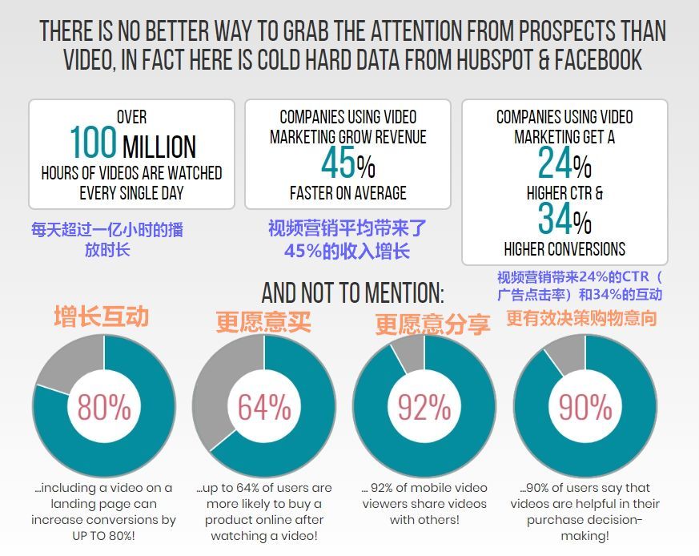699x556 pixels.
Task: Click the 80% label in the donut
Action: [104, 408]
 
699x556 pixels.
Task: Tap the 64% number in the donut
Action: [264, 408]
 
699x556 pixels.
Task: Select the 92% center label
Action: [424, 408]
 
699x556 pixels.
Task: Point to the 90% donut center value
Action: [585, 408]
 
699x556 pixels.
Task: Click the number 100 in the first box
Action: [93, 143]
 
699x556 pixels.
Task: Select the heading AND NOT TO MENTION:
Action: [352, 292]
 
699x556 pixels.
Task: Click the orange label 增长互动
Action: [101, 316]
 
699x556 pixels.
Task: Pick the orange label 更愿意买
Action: [263, 322]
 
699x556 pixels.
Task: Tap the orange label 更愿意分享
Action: [432, 324]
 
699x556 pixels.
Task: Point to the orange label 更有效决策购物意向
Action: [581, 318]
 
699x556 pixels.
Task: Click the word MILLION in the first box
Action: [159, 147]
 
